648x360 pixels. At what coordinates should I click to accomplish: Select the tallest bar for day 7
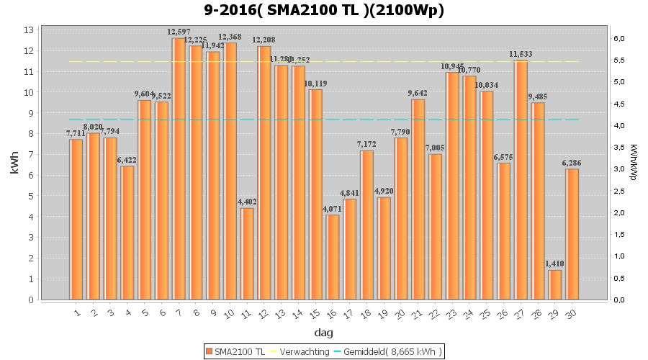pos(178,169)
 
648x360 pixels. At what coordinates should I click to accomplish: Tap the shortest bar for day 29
pos(554,285)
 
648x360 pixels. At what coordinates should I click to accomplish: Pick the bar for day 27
pos(521,180)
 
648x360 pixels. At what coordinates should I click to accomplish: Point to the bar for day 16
pos(333,257)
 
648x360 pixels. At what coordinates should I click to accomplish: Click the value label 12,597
pos(179,32)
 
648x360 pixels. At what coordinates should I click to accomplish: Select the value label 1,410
pos(554,264)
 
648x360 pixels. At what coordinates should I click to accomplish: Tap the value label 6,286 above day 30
pos(572,163)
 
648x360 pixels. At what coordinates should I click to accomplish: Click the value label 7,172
pos(367,145)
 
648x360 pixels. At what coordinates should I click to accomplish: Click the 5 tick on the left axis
pos(31,196)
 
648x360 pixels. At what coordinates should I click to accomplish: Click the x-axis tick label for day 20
pos(400,313)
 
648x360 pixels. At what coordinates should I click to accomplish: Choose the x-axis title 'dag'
pos(323,333)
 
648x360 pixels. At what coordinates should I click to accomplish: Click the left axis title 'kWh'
pos(14,165)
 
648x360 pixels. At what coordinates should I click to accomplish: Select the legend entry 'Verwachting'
pos(300,351)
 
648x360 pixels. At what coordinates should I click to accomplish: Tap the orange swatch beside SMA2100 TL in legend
pos(210,351)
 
